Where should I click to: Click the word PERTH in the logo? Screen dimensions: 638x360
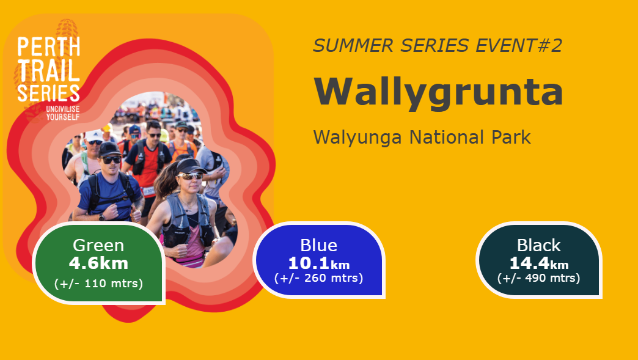coord(48,46)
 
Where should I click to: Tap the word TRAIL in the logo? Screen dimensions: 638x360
coord(48,70)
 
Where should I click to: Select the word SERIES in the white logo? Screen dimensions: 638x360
coord(48,93)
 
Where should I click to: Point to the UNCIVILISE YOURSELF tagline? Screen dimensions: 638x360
coord(63,113)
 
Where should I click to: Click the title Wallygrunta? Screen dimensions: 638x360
coord(438,93)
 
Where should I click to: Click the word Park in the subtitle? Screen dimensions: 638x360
coord(511,137)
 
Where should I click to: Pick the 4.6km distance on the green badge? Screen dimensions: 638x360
coord(98,263)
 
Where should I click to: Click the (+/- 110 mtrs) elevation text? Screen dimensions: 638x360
coord(98,283)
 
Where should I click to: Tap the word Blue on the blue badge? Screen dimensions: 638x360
coord(318,245)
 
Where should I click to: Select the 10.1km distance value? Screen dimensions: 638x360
coord(318,263)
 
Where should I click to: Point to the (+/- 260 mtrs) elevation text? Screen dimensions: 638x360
coord(318,278)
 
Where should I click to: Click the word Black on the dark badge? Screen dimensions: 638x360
coord(539,245)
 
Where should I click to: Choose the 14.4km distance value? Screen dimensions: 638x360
coord(539,263)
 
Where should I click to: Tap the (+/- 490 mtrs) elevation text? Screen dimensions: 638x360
coord(539,278)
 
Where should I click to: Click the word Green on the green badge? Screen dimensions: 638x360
coord(98,245)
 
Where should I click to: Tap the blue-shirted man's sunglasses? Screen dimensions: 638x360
coord(111,160)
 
